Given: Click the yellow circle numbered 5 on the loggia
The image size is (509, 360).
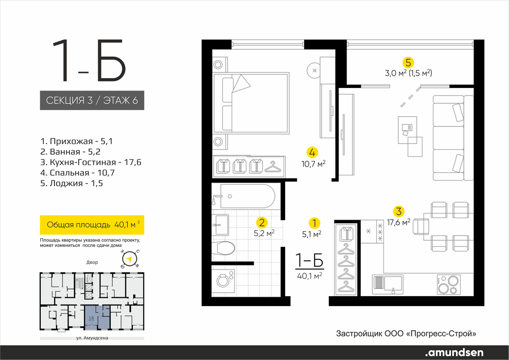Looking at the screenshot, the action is pyautogui.click(x=408, y=62).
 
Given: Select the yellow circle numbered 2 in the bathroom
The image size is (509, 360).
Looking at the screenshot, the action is pyautogui.click(x=261, y=223).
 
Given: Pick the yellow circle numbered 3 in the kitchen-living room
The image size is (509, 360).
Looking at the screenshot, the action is pyautogui.click(x=398, y=211).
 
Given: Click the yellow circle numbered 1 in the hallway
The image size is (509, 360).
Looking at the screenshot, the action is pyautogui.click(x=314, y=223).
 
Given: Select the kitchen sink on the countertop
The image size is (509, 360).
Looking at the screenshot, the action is pyautogui.click(x=388, y=284).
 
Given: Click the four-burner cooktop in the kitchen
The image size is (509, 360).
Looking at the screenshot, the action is pyautogui.click(x=449, y=284).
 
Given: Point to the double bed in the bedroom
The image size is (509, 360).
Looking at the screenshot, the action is pyautogui.click(x=251, y=103).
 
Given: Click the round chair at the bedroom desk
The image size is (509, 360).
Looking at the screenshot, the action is pyautogui.click(x=314, y=70).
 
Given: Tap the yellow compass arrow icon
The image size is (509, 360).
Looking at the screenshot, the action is pyautogui.click(x=130, y=259).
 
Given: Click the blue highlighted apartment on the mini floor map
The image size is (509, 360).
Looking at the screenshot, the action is pyautogui.click(x=97, y=317).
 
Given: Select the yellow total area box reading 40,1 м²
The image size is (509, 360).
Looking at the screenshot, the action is pyautogui.click(x=92, y=225).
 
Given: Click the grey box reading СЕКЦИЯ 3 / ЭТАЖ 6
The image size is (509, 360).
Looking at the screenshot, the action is pyautogui.click(x=92, y=100).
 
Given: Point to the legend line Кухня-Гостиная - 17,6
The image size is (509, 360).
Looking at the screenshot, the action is pyautogui.click(x=91, y=162).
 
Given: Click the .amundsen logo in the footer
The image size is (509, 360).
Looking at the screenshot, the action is pyautogui.click(x=454, y=352).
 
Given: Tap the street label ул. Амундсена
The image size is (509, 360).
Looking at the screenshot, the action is pyautogui.click(x=92, y=338).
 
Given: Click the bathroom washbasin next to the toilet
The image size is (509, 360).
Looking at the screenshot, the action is pyautogui.click(x=220, y=225).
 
